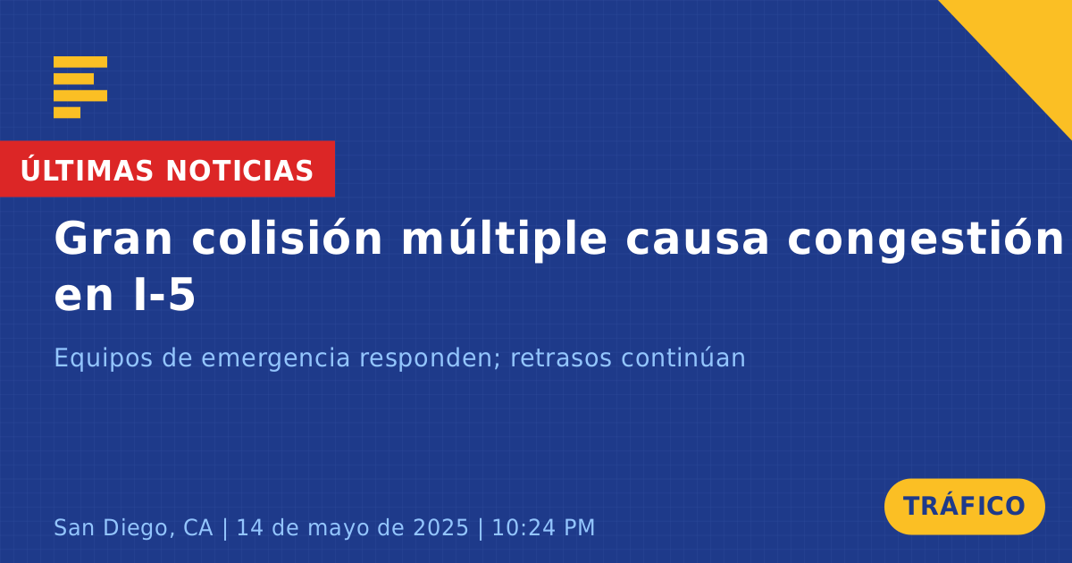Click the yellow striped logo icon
click(x=80, y=88)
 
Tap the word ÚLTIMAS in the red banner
click(x=87, y=170)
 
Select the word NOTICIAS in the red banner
click(x=239, y=171)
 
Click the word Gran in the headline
click(x=113, y=239)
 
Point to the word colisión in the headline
click(x=287, y=238)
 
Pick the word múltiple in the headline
click(x=505, y=240)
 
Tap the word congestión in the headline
click(x=925, y=240)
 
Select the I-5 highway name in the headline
click(x=164, y=294)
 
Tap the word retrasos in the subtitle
click(x=561, y=359)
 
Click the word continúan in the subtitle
click(x=683, y=357)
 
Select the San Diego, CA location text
click(x=133, y=528)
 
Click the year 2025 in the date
click(x=440, y=527)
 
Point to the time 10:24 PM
click(x=544, y=527)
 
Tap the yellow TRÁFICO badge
click(x=964, y=507)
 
